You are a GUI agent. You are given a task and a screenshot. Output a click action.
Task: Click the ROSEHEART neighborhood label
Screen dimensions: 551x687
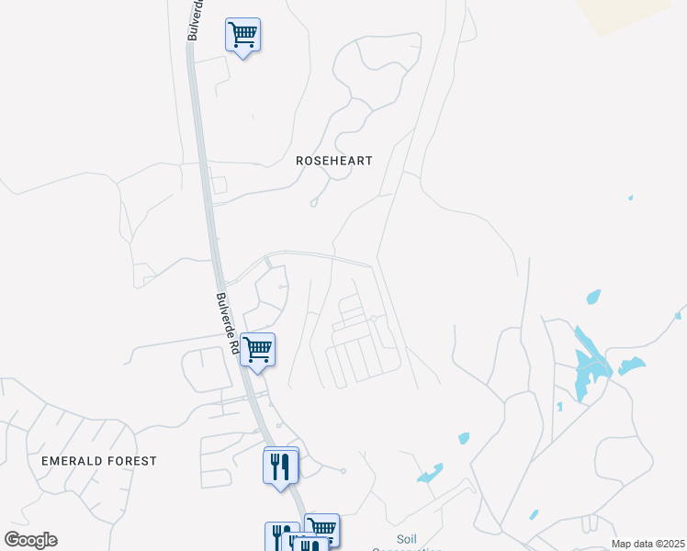click(334, 161)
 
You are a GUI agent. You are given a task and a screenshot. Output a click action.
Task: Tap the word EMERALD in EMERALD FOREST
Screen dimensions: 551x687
click(73, 461)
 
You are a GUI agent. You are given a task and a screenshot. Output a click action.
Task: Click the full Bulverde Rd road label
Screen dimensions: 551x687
click(228, 325)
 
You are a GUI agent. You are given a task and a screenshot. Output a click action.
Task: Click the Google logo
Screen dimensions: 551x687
click(30, 540)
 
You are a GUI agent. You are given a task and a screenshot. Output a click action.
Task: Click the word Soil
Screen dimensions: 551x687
click(408, 539)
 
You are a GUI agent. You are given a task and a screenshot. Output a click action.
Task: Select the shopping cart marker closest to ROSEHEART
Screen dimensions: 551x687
click(242, 36)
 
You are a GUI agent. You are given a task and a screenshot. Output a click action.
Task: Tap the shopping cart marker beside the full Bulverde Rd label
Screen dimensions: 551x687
click(258, 350)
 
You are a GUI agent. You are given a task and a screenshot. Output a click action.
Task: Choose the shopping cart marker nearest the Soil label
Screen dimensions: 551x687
click(321, 529)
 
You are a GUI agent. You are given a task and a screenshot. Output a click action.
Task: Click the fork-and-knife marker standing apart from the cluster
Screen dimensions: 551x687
click(281, 465)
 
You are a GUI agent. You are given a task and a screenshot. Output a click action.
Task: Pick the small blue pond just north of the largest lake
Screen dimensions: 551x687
click(593, 297)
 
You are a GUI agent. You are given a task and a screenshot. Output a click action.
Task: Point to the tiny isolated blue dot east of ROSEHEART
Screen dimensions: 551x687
click(630, 197)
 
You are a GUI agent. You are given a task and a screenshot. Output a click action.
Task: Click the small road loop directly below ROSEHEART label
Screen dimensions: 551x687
click(314, 202)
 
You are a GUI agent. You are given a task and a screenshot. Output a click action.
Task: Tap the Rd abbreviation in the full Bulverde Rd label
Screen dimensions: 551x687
click(234, 346)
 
